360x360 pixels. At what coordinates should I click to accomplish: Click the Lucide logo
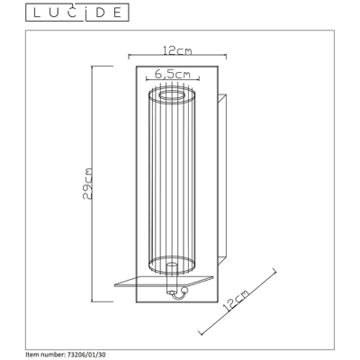pos(77,13)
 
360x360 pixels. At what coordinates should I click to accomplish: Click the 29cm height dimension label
pos(87,184)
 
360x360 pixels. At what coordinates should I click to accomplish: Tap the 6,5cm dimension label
pos(173,74)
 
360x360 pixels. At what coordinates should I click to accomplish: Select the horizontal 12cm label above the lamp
pos(177,50)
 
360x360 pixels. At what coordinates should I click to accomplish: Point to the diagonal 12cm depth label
pos(236,301)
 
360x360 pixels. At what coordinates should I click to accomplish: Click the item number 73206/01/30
pos(85,355)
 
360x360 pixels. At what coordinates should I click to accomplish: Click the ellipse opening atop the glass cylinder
pos(172,96)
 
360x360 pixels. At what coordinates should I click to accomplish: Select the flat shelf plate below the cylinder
pos(164,282)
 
